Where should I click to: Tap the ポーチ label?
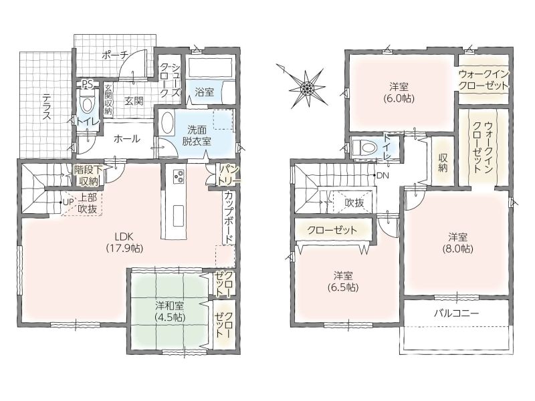(114, 55)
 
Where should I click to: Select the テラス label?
(46, 107)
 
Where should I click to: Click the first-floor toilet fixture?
(87, 102)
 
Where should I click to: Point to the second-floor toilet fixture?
(365, 148)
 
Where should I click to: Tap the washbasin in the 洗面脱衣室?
(167, 124)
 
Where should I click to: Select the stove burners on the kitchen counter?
(179, 176)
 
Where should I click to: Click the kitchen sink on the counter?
(178, 215)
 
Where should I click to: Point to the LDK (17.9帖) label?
(124, 242)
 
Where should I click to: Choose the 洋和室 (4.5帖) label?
(169, 311)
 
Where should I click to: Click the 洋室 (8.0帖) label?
(457, 243)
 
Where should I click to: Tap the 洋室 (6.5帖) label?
(343, 281)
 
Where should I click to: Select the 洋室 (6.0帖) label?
(399, 93)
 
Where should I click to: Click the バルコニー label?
(457, 313)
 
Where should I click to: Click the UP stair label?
(68, 203)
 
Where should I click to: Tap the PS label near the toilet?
(88, 84)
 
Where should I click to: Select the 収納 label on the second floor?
(443, 163)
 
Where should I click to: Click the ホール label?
(126, 139)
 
